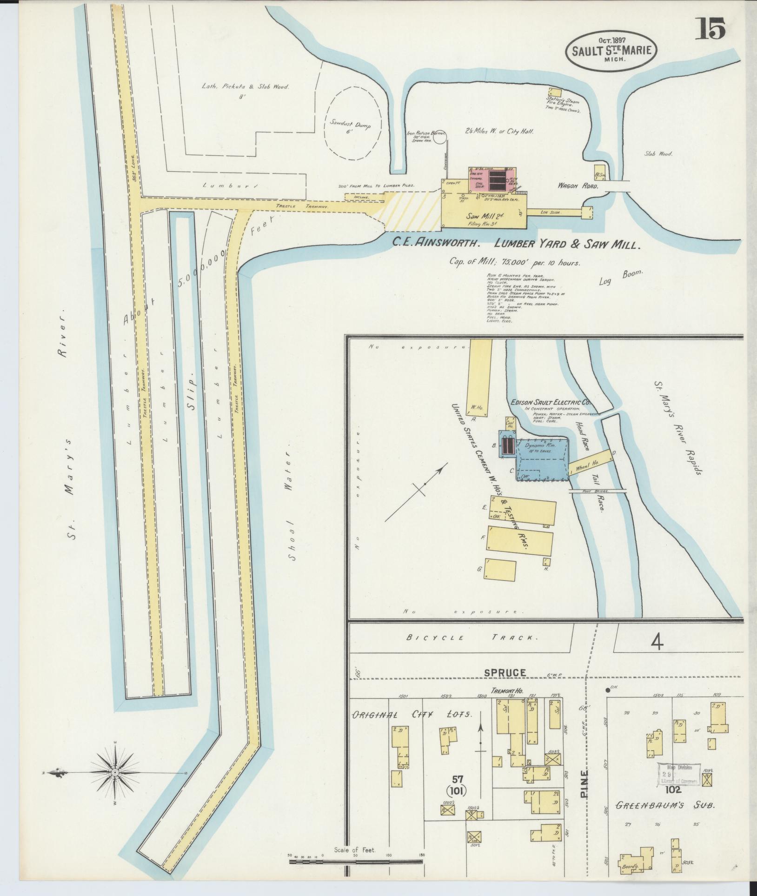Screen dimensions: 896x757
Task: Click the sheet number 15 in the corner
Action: click(x=710, y=29)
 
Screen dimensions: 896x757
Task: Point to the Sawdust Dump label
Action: click(x=351, y=126)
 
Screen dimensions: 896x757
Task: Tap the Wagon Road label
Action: click(x=578, y=186)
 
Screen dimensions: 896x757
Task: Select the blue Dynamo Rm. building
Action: click(x=542, y=458)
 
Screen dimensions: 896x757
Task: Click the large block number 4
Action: click(x=657, y=642)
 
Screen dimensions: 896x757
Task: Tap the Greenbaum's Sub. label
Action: click(x=664, y=805)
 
